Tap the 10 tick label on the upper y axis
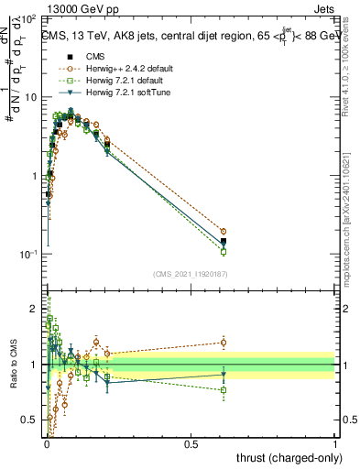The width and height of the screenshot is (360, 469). [31, 97]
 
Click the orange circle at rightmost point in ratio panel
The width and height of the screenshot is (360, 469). [223, 343]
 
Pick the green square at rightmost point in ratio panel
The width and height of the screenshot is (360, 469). [223, 390]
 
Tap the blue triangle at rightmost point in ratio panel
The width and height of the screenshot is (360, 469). [223, 374]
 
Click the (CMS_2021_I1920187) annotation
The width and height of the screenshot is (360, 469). [191, 274]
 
